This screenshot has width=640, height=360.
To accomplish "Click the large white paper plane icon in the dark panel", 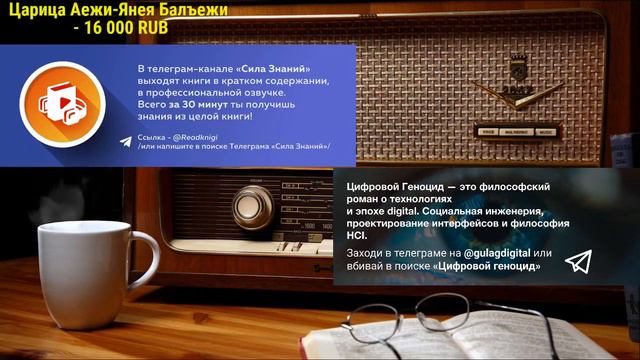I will pos(578,262).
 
